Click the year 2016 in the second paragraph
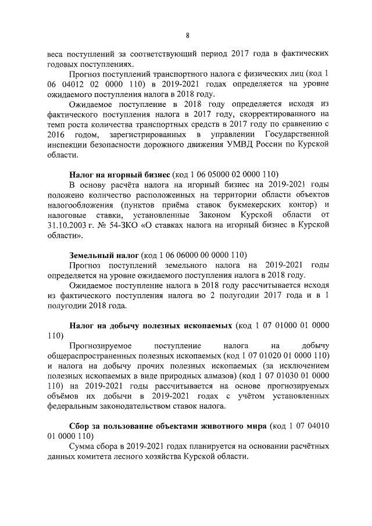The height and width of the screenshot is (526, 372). click(56, 135)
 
